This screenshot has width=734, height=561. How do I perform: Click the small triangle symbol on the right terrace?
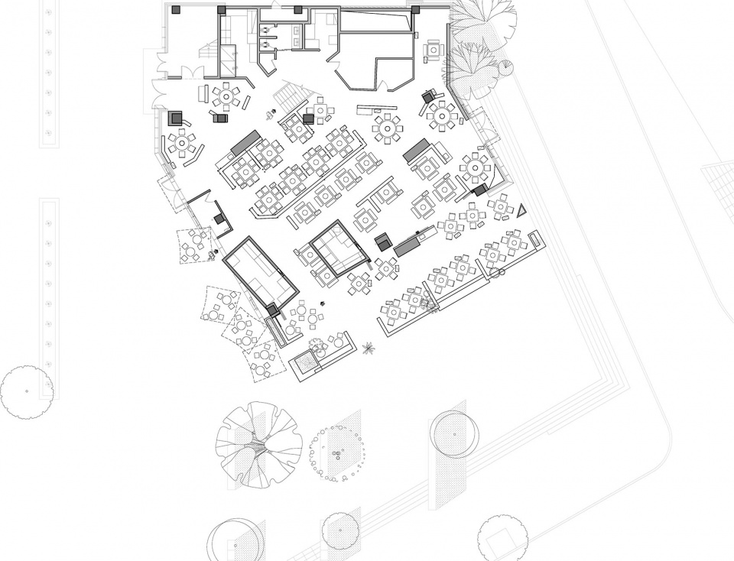point(521,211)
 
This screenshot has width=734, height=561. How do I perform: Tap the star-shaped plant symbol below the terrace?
point(369,349)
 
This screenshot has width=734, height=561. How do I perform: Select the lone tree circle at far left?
point(27,391)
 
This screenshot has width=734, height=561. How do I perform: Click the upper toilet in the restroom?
point(265,31)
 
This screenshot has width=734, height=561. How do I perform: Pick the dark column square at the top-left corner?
point(176,9)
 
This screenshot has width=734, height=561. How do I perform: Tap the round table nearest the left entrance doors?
point(226,97)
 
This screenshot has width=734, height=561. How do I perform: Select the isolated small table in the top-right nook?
point(434,50)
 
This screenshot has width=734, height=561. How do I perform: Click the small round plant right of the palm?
point(506,67)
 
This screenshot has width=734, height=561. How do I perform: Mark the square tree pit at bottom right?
point(502,540)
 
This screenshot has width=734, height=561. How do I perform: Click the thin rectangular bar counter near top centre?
point(378,109)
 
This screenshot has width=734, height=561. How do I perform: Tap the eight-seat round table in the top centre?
point(388,127)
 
